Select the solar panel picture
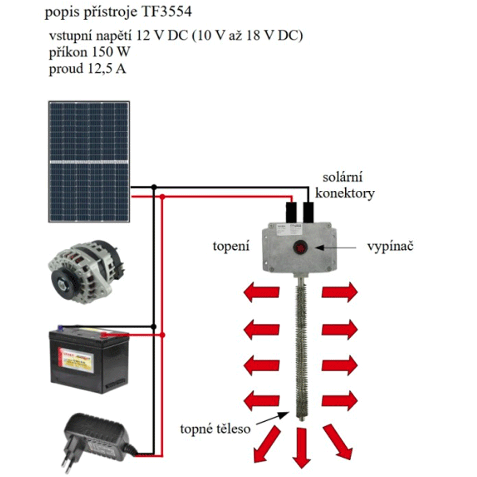pos(89,162)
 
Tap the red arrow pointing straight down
pos(301,447)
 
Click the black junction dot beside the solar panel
pos(154,187)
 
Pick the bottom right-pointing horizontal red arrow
pos(340,401)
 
